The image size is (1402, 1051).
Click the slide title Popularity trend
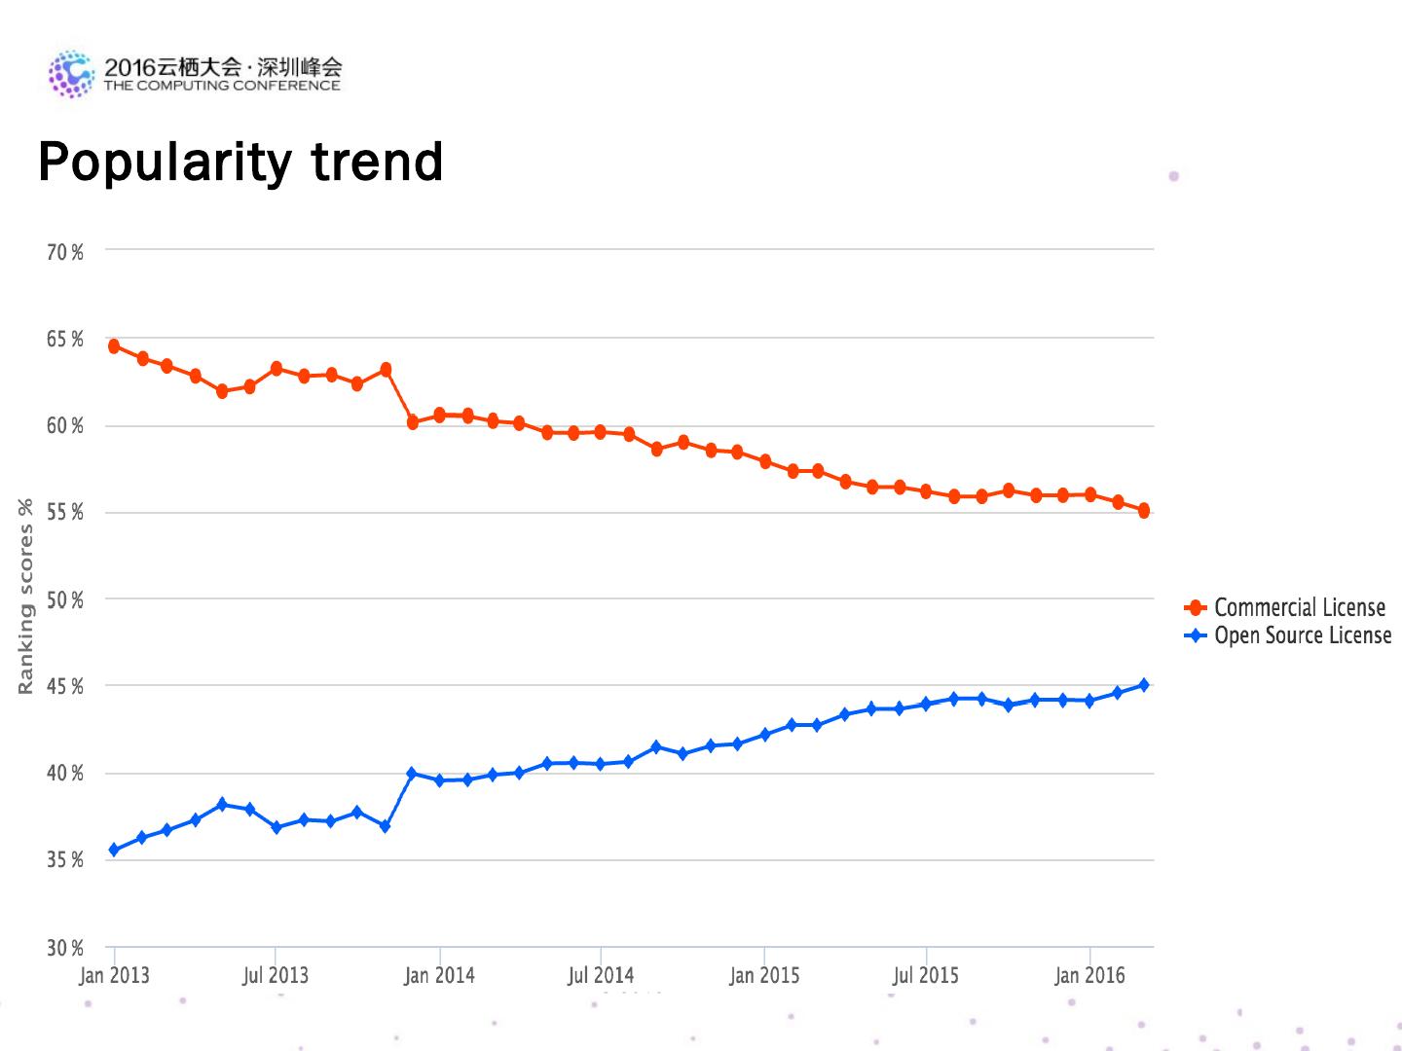point(240,162)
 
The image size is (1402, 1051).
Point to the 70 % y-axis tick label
point(65,253)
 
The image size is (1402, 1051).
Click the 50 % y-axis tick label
point(65,600)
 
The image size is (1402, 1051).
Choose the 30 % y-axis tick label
point(65,948)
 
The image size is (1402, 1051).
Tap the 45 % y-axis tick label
point(65,687)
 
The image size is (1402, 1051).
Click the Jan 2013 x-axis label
point(114,975)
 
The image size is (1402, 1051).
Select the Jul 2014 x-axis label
point(601,975)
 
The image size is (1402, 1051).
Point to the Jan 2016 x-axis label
point(1089,975)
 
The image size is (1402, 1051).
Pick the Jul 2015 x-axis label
point(926,975)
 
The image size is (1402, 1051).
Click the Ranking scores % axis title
point(26,597)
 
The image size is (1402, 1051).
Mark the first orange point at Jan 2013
point(114,346)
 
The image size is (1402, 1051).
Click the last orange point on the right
point(1144,511)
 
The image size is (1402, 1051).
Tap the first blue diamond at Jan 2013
point(114,850)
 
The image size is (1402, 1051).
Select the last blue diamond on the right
point(1144,685)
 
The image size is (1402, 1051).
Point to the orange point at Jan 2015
point(765,461)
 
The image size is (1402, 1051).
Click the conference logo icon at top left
point(71,73)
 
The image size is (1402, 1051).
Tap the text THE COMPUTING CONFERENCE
point(222,86)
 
